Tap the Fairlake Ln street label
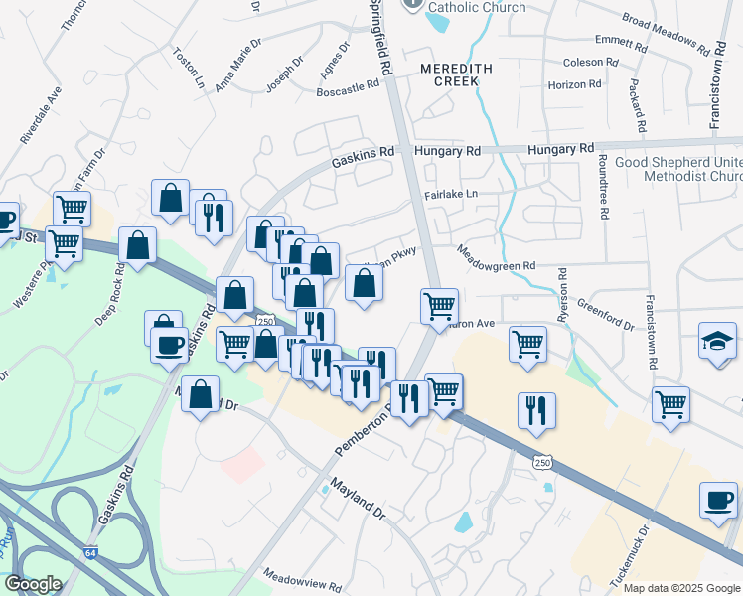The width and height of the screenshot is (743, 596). (451, 195)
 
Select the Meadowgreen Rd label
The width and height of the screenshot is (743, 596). (496, 259)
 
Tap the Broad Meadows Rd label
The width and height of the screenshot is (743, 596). (671, 34)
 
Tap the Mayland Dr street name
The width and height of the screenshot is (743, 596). (358, 501)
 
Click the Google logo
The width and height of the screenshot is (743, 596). (33, 584)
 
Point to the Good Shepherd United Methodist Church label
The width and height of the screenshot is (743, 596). (677, 169)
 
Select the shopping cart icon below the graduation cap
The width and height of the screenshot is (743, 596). (671, 403)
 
